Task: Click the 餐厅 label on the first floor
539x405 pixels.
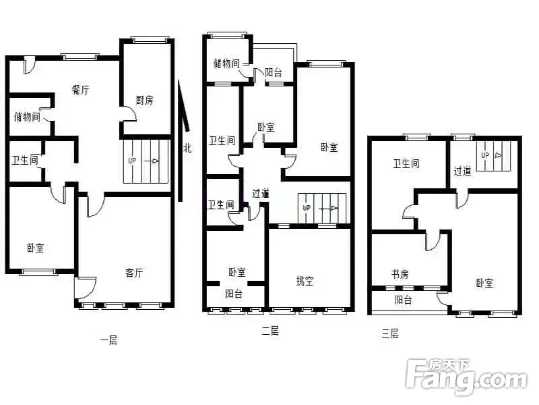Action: [80, 90]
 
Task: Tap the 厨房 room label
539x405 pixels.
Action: [144, 100]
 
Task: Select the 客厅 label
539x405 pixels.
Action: [134, 273]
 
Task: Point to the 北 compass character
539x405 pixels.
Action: [187, 148]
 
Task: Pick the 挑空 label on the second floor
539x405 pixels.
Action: [305, 281]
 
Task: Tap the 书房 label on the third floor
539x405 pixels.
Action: [400, 274]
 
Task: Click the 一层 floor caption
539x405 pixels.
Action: [109, 340]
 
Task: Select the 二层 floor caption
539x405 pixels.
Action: [270, 331]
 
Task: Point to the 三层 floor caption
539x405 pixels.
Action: [390, 333]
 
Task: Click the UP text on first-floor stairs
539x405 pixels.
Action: [132, 161]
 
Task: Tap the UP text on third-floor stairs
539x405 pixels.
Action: [485, 155]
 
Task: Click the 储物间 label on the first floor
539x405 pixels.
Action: [27, 117]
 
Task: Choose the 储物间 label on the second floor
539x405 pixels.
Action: [226, 63]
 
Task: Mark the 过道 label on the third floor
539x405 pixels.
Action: [462, 171]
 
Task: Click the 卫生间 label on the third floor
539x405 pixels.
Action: [406, 163]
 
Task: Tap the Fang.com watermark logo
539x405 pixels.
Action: [466, 377]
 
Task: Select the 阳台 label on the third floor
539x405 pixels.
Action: [403, 300]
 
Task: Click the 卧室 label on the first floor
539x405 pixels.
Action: [36, 248]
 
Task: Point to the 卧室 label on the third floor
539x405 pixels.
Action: [484, 283]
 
